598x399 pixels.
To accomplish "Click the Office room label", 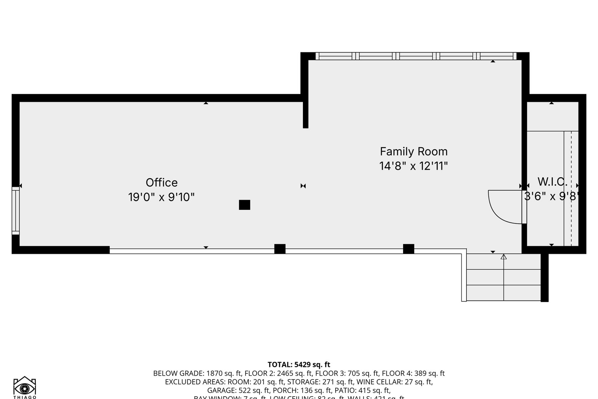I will click(x=161, y=183).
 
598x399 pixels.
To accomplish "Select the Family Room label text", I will click(x=414, y=152).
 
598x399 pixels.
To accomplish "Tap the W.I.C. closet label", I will click(x=552, y=182).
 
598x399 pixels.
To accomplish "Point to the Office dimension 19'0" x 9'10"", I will click(x=161, y=197).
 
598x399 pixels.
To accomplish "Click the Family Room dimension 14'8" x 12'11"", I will click(x=414, y=166).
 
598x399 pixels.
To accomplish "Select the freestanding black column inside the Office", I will click(x=245, y=205).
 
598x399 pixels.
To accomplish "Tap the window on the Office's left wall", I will click(x=15, y=210).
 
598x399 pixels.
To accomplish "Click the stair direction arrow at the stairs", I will click(x=504, y=257).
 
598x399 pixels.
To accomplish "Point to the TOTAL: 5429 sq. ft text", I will click(x=299, y=365).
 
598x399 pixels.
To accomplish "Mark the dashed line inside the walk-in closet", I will click(x=571, y=188).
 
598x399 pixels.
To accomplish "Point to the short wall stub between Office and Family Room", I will click(x=306, y=115).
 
